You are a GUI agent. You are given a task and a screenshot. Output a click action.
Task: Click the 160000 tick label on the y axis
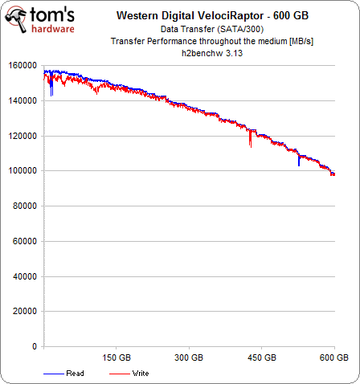coord(22,66)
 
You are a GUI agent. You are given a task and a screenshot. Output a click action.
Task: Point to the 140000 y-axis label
coord(22,101)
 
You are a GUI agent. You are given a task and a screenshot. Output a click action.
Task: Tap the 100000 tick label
coord(22,170)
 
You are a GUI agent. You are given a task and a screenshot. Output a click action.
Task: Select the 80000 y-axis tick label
coord(25,206)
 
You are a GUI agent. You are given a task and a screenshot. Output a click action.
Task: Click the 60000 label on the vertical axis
coord(25,241)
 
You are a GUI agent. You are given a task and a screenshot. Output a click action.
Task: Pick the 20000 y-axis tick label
coord(25,311)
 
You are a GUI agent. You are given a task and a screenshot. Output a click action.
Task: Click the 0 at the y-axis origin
coord(35,346)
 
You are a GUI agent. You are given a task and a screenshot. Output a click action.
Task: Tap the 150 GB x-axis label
coord(117,357)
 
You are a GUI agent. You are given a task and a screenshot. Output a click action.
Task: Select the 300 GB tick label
coord(189,357)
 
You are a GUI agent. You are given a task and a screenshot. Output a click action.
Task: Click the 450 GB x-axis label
coord(262,357)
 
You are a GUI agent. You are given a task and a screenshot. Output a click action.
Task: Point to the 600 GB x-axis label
coord(334,357)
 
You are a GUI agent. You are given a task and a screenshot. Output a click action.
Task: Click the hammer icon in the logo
coord(16,19)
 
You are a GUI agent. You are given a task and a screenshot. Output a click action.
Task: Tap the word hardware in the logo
coord(53,28)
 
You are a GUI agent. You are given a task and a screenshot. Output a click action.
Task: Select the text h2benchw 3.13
coord(212,53)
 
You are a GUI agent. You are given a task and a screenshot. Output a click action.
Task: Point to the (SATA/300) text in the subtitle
coord(240,29)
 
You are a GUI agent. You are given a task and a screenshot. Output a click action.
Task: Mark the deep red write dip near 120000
coord(250,139)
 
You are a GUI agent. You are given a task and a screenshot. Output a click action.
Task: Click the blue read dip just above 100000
coord(299,161)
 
